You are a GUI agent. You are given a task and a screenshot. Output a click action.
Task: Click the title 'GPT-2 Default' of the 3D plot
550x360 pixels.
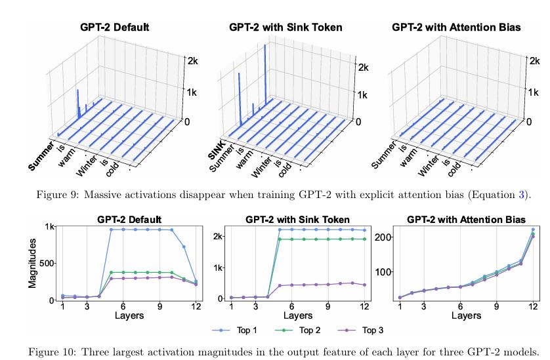[x=114, y=28]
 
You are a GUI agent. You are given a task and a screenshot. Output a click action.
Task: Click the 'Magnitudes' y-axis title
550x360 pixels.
[x=32, y=264]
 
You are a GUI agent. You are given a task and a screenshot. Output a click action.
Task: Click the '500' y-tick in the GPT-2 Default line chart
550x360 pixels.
[x=48, y=264]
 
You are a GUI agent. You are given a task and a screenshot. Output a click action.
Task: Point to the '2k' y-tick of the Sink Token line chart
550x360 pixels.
[x=219, y=236]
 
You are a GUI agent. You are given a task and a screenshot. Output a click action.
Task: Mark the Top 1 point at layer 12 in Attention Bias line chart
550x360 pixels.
[x=532, y=230]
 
